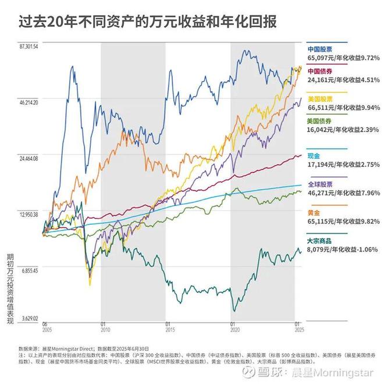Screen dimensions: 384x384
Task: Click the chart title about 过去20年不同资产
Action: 142,22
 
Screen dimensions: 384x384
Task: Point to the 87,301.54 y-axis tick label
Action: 28,46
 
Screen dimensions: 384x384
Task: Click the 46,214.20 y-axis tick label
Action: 28,102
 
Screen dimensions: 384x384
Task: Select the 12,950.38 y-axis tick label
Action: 28,215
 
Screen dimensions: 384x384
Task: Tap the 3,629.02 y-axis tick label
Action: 28,318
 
